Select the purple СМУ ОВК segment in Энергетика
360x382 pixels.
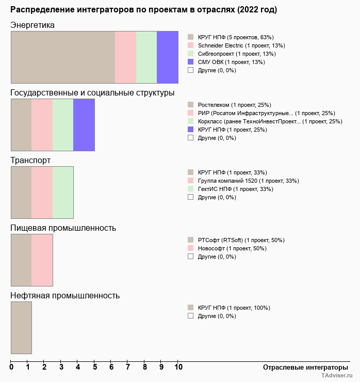tap(167, 57)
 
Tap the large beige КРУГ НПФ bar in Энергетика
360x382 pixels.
tap(62, 57)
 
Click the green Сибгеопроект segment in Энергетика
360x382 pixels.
tap(146, 57)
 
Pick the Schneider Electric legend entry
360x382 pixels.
tap(234, 45)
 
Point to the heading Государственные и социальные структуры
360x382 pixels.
tap(92, 93)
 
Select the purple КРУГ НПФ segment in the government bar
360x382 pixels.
tap(84, 124)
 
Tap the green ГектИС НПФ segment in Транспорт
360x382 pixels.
tap(63, 192)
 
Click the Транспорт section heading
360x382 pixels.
tap(30, 161)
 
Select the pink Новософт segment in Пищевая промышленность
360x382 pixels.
tap(42, 260)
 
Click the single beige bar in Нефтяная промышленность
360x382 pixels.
tap(21, 327)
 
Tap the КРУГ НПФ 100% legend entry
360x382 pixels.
tap(233, 308)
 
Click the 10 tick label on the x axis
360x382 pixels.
tap(178, 367)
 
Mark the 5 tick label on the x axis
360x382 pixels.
tap(95, 367)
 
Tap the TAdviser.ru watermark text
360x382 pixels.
tap(336, 376)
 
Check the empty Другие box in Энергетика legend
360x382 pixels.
tap(190, 70)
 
